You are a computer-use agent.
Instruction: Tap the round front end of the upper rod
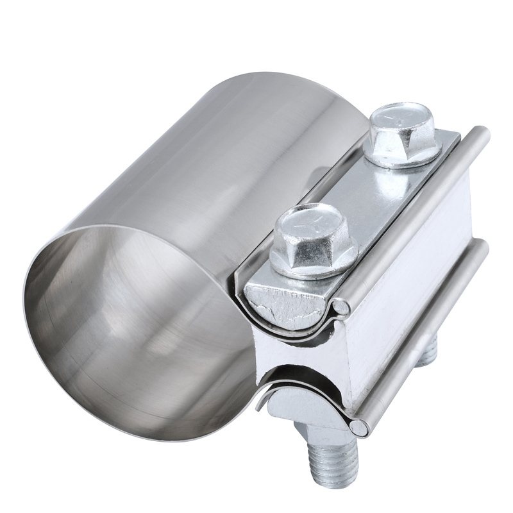pos(344,309)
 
